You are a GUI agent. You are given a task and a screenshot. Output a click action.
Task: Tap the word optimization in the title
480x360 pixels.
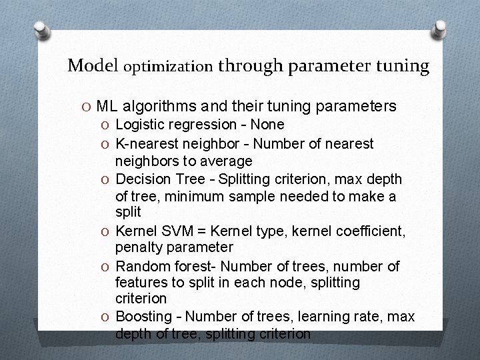(168, 67)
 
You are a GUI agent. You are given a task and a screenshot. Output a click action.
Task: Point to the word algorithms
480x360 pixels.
(157, 106)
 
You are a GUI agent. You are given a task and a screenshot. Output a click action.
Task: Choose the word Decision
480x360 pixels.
(141, 179)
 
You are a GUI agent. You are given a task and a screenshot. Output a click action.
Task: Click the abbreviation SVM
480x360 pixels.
(176, 231)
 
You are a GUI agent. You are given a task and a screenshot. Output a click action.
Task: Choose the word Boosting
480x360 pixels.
(142, 315)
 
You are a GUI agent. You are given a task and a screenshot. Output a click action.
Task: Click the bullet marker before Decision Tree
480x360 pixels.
(105, 179)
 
